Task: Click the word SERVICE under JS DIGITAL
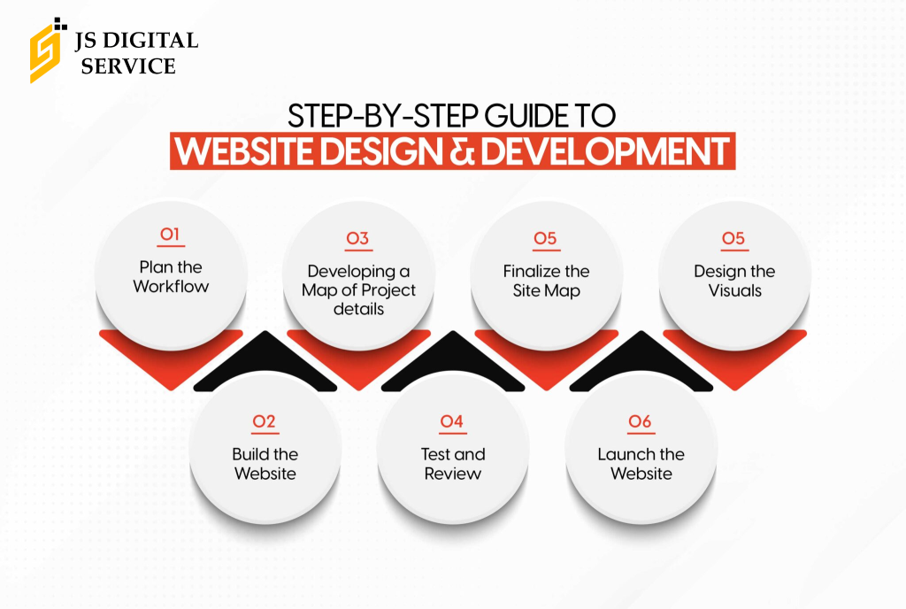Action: [127, 66]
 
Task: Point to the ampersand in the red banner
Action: [460, 151]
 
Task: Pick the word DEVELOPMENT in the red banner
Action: [604, 151]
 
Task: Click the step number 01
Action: [170, 234]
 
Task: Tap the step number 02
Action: [264, 421]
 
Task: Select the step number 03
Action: [357, 238]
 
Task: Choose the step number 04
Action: [452, 421]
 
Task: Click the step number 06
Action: [641, 421]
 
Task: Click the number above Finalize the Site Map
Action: [545, 238]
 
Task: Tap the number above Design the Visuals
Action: [733, 238]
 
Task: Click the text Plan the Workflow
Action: [171, 277]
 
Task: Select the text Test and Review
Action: [453, 464]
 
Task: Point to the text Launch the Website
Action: [641, 464]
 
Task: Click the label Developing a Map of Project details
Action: [359, 290]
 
